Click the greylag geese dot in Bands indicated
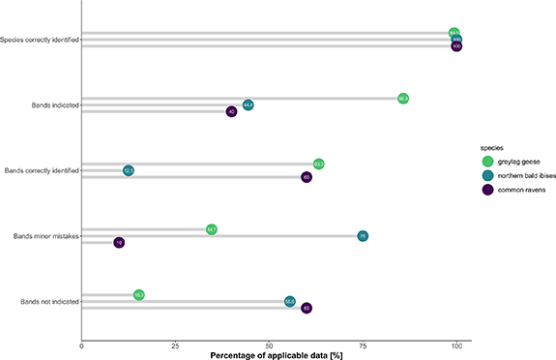(403, 98)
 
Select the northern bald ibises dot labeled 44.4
(249, 105)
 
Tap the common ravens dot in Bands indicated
(232, 112)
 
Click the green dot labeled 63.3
(318, 164)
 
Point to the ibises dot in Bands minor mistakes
(363, 235)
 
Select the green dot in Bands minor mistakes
(212, 229)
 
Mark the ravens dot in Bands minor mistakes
(119, 243)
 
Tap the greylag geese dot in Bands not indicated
(139, 294)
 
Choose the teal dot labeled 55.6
(290, 302)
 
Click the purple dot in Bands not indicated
(307, 309)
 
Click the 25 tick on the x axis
(175, 345)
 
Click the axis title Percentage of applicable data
(276, 354)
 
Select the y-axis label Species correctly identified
(40, 40)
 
